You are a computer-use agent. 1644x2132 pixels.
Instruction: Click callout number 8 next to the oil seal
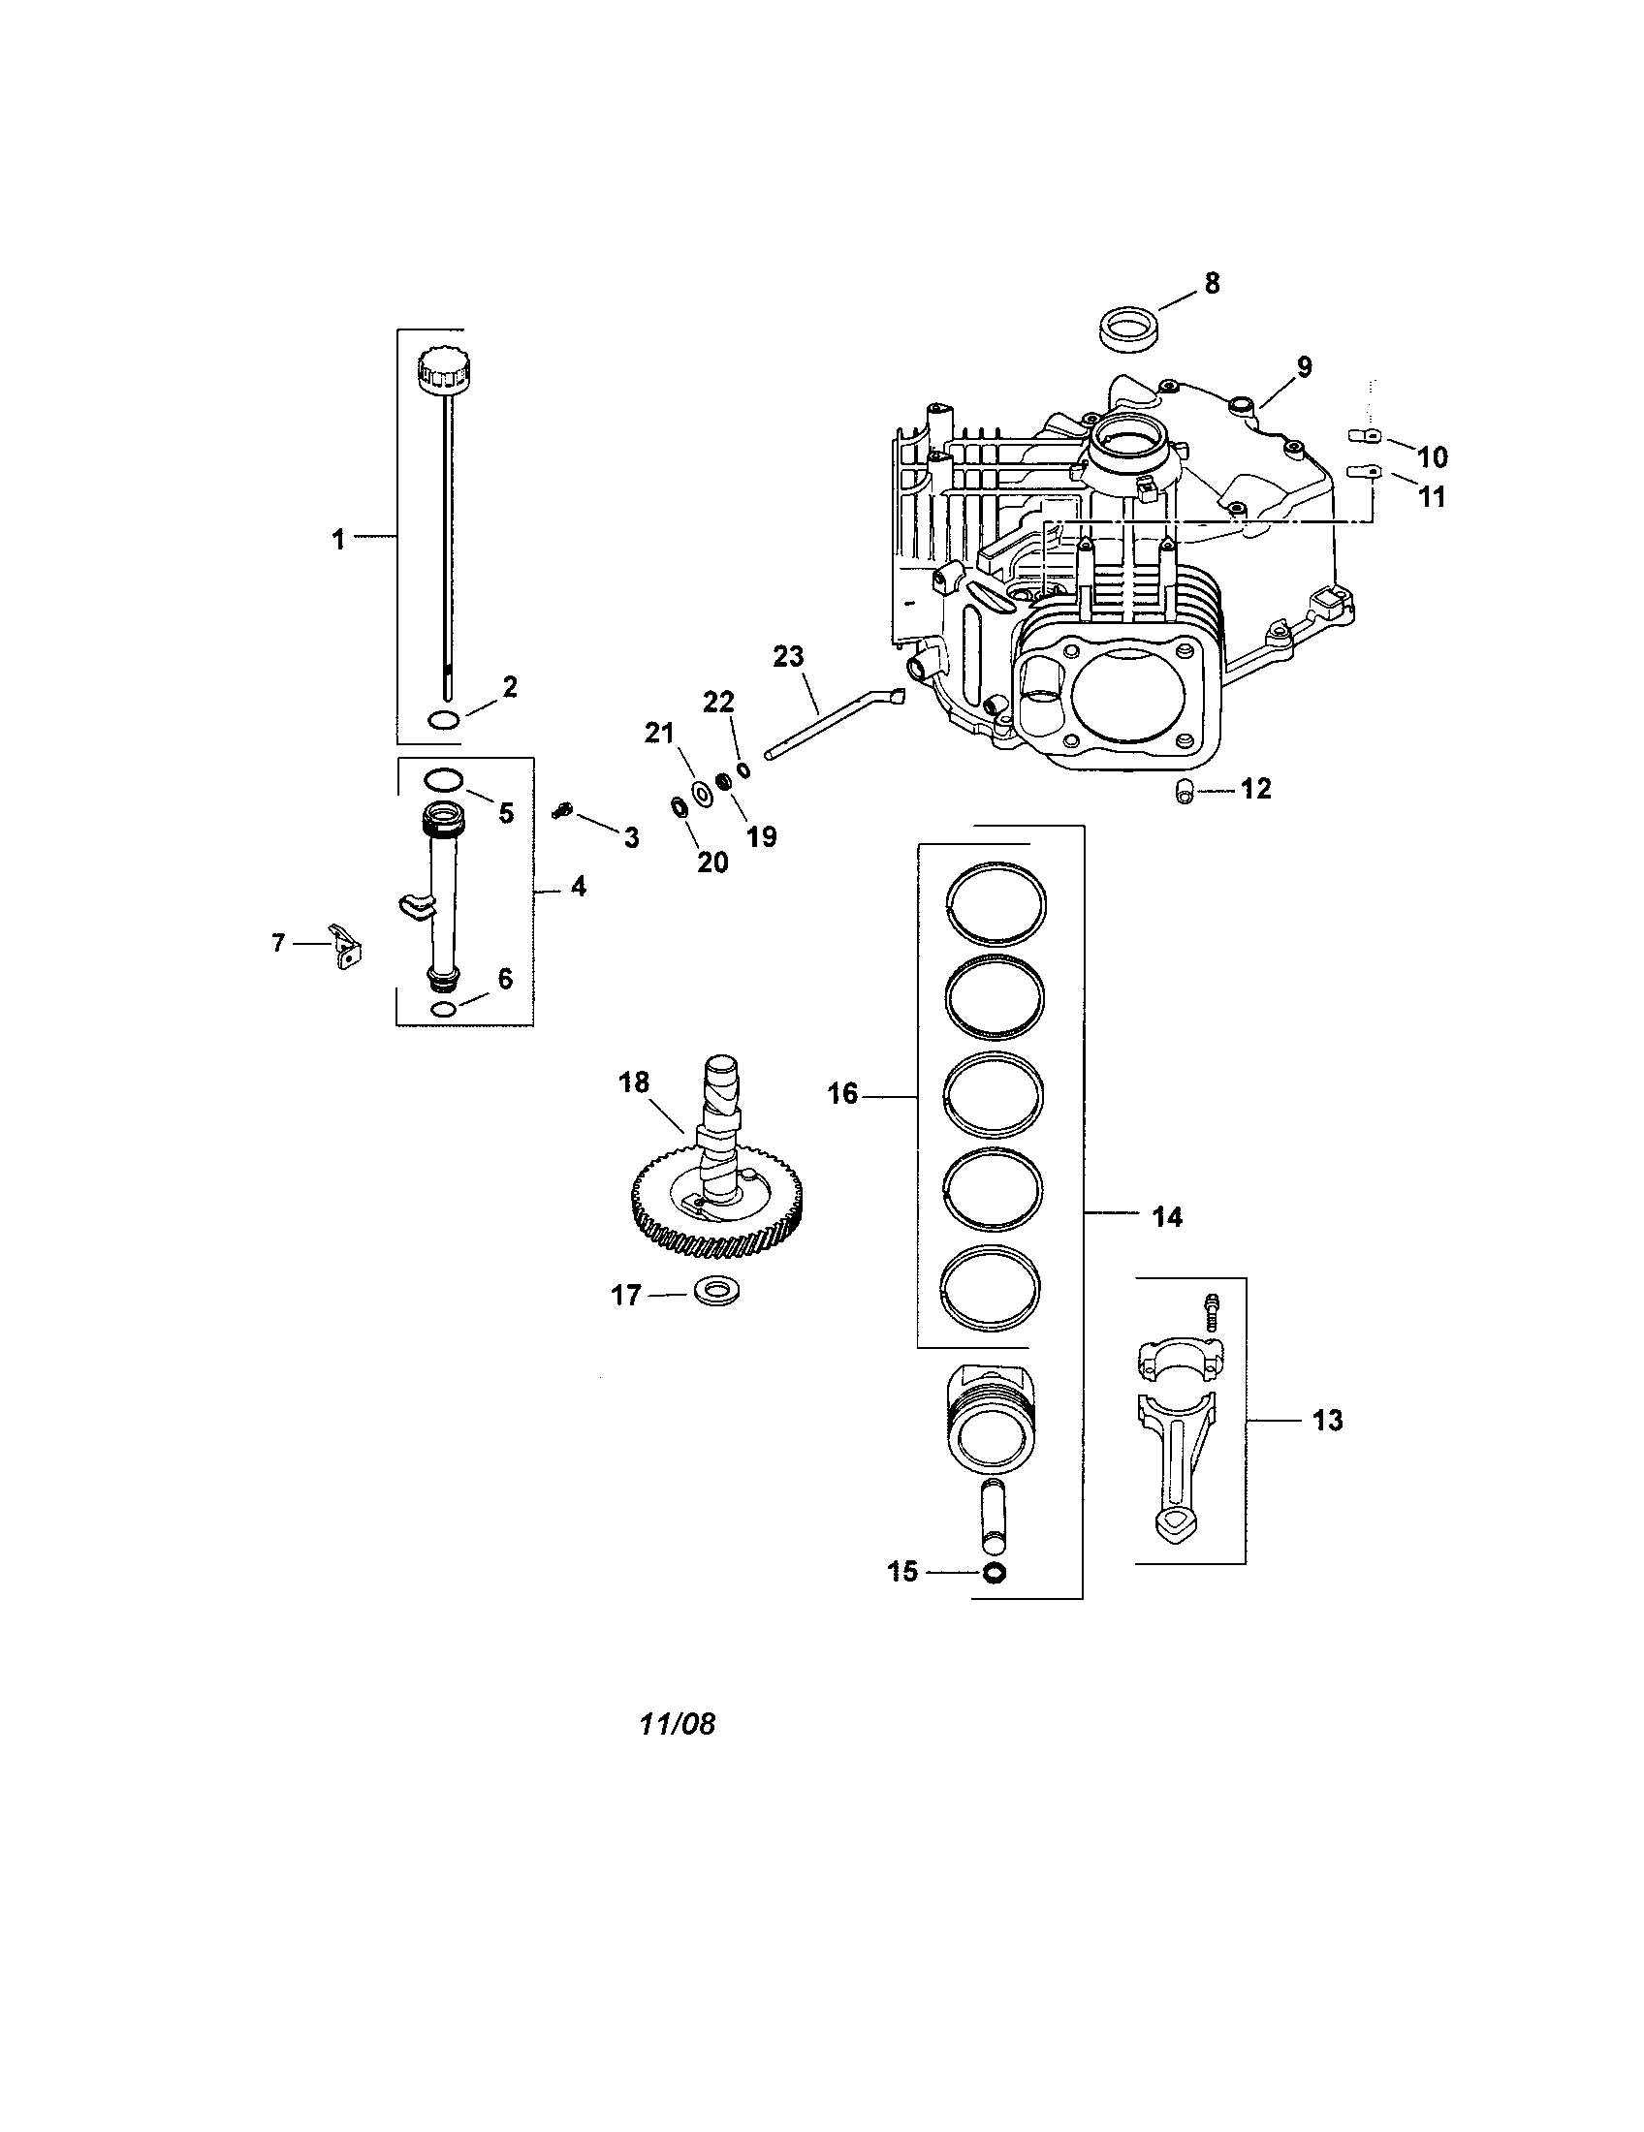[x=1212, y=284]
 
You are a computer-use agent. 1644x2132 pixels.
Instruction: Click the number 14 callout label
[x=1167, y=1217]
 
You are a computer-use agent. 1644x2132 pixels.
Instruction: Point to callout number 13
[x=1327, y=1421]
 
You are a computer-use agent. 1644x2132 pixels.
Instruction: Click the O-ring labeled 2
[x=444, y=719]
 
